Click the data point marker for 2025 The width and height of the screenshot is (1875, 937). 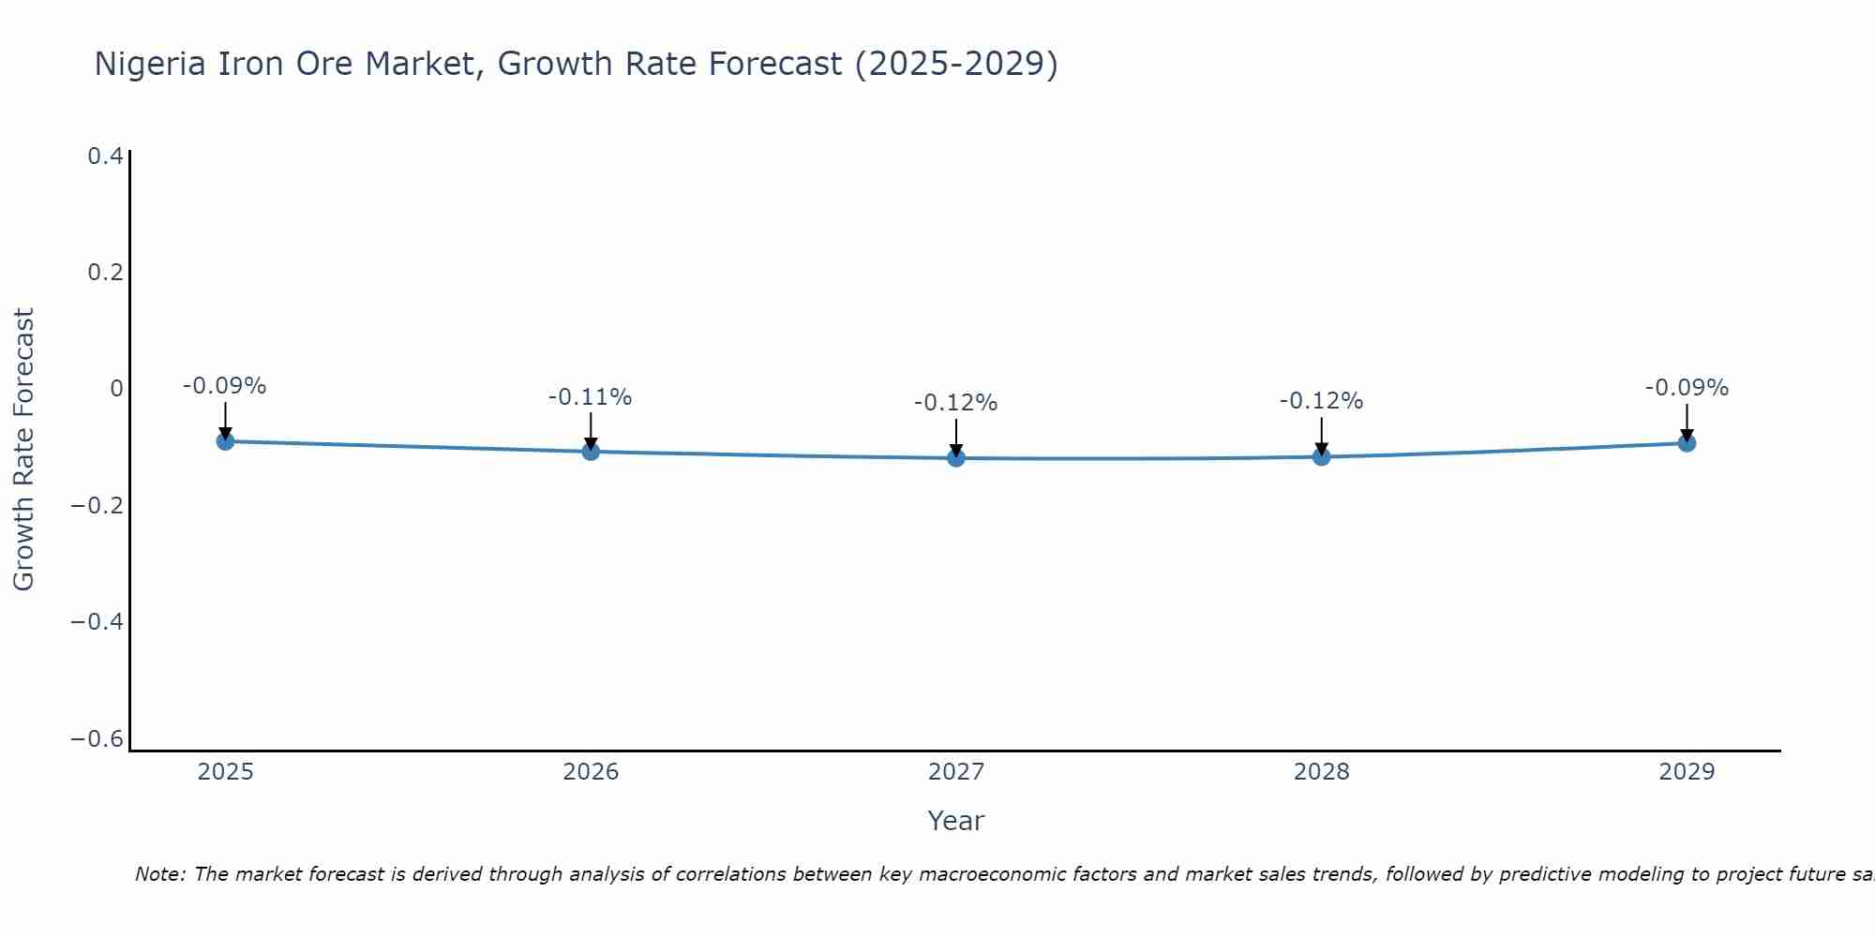[x=225, y=441]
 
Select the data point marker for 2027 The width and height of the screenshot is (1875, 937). [x=956, y=458]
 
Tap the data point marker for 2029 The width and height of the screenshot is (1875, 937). [x=1687, y=443]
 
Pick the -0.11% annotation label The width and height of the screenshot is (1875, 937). [x=590, y=397]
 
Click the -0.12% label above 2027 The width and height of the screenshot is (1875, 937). [x=955, y=403]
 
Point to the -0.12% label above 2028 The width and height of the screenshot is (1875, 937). [x=1321, y=401]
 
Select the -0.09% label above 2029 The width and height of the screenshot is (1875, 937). [x=1687, y=388]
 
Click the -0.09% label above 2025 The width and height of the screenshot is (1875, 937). [x=224, y=386]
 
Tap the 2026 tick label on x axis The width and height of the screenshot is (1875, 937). [x=591, y=772]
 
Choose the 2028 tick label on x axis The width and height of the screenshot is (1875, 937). [x=1321, y=772]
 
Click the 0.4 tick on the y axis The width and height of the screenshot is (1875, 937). [x=105, y=156]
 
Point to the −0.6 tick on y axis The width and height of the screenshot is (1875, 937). [x=97, y=739]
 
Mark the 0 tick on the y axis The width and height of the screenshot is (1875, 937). [x=116, y=389]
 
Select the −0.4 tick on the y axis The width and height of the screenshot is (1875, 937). [x=97, y=622]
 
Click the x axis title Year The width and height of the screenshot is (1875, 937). [x=955, y=821]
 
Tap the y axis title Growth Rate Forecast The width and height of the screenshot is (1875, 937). [x=23, y=450]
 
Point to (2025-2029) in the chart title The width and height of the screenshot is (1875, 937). [x=956, y=64]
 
